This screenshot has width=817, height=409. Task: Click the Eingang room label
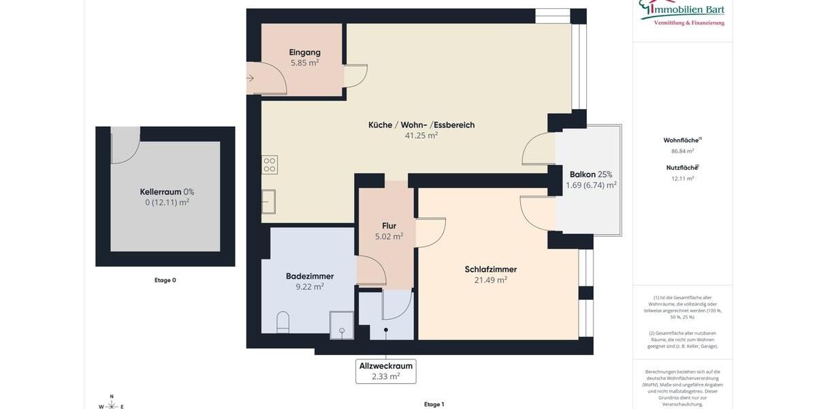[304, 52]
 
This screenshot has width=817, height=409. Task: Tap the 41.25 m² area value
[421, 136]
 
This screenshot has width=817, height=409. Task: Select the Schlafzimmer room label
[490, 269]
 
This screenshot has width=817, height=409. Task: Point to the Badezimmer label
[310, 276]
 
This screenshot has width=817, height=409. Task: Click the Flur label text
[389, 226]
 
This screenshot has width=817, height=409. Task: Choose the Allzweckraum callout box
[385, 371]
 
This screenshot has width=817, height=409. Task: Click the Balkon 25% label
[590, 175]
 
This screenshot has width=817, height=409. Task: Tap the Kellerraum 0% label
[167, 192]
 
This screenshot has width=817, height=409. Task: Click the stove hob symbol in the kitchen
[270, 164]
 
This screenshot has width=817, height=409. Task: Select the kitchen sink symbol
[268, 201]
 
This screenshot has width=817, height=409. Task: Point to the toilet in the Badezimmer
[283, 321]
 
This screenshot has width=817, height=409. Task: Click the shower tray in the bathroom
[342, 325]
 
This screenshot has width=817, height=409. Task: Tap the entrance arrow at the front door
[250, 78]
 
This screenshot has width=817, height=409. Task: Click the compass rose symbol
[112, 404]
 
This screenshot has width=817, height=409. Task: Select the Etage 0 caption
[165, 280]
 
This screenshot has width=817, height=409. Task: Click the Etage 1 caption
[434, 404]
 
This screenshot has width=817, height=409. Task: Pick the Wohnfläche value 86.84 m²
[682, 151]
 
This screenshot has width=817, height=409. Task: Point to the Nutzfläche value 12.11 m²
[682, 179]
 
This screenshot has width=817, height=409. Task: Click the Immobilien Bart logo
[682, 12]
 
